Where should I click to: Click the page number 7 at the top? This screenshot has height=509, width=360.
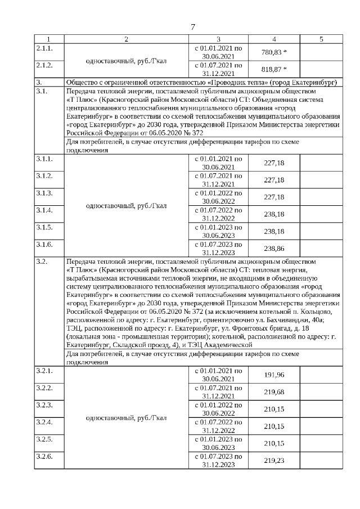[x=193, y=26]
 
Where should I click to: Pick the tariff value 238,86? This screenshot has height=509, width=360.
[x=274, y=248]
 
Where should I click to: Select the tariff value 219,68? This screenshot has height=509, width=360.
[x=274, y=392]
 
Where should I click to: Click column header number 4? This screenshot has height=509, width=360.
[x=274, y=39]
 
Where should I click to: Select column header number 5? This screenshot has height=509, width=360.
[x=321, y=39]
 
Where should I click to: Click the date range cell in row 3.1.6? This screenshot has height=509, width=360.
[x=218, y=248]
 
